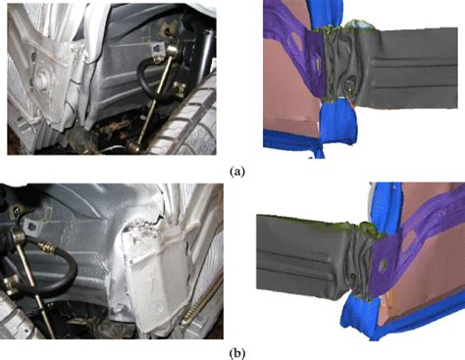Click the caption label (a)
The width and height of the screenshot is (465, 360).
237,171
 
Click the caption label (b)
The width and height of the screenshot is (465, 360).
237,353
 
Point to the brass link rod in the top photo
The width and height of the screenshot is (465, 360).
153,98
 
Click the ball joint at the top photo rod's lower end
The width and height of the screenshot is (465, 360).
134,146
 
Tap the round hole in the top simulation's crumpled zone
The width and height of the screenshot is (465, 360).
350,84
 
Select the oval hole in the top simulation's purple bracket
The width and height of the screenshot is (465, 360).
297,40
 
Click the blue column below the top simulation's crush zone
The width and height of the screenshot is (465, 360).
336,121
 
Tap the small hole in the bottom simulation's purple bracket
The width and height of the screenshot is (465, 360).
382,266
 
